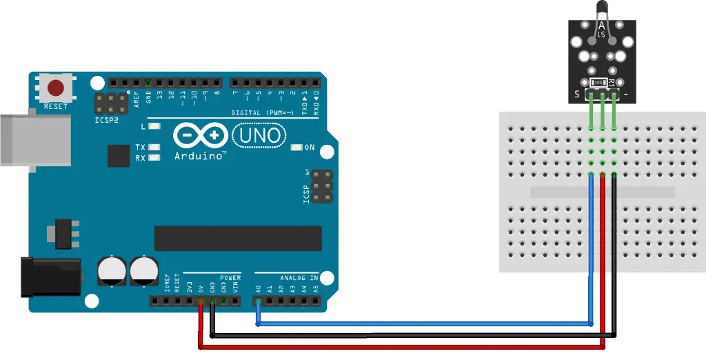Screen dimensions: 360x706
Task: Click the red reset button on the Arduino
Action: click(56, 88)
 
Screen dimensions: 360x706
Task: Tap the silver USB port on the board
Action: click(34, 141)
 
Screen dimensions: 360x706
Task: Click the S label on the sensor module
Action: click(576, 94)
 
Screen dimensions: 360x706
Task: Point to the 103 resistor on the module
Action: click(599, 82)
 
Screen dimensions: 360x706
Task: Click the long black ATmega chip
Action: click(238, 239)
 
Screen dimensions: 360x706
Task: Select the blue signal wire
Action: click(421, 322)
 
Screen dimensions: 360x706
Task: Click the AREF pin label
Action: click(137, 97)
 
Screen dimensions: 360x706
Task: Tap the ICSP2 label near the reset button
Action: click(107, 119)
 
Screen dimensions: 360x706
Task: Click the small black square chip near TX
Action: click(119, 156)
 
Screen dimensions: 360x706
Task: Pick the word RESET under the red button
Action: click(56, 107)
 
